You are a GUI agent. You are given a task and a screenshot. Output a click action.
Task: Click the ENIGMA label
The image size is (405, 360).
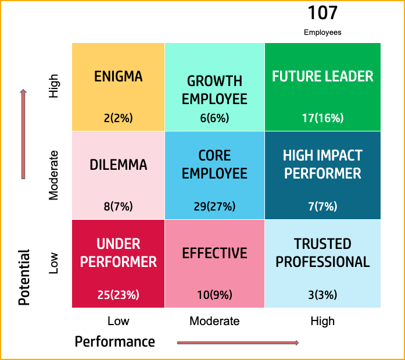coord(119,76)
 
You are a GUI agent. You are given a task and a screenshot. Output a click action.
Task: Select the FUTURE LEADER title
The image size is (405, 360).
coord(322,76)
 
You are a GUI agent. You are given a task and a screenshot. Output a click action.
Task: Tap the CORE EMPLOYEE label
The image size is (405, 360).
coord(214,165)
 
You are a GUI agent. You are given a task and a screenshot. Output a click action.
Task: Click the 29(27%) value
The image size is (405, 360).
coord(214,206)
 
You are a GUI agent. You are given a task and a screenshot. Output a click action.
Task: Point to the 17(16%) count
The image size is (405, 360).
coord(322,118)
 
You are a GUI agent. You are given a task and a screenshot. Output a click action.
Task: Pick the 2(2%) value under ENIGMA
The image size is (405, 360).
coord(119,118)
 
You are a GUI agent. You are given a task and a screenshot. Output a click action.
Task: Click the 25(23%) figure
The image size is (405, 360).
coord(119,295)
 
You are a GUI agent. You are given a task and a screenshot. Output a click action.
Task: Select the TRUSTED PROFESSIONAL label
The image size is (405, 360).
coord(322,253)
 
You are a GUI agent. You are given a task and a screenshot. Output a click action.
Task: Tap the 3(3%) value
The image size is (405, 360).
coord(322,295)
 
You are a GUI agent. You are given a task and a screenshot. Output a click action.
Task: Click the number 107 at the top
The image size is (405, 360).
coord(322,13)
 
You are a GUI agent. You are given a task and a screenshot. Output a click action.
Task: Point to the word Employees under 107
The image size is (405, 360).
coord(322,33)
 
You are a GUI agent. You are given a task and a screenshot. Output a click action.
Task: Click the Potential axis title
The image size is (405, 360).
coord(24,277)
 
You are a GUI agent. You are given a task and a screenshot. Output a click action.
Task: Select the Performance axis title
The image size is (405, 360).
coord(115,341)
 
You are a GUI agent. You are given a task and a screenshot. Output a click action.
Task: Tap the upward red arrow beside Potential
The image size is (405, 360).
coord(23,134)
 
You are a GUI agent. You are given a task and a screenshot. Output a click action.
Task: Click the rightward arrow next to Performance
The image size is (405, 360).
coord(238,343)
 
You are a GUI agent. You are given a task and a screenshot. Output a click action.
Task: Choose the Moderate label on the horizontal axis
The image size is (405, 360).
coord(214,321)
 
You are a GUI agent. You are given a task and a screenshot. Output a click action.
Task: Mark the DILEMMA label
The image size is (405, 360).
coord(119,165)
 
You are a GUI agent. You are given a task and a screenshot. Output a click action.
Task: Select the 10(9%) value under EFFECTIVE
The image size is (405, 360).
coord(214,295)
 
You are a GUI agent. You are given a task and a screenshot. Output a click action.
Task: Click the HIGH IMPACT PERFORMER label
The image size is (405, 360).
coord(322,165)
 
